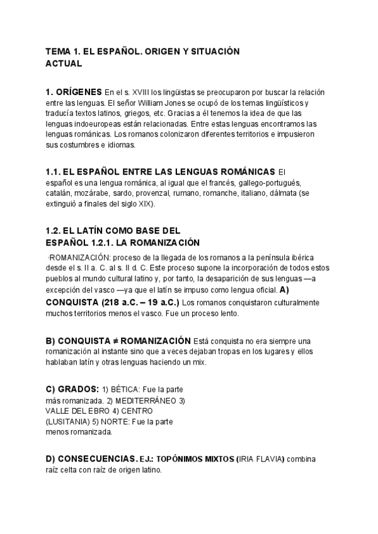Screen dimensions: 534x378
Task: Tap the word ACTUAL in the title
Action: (x=64, y=63)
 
